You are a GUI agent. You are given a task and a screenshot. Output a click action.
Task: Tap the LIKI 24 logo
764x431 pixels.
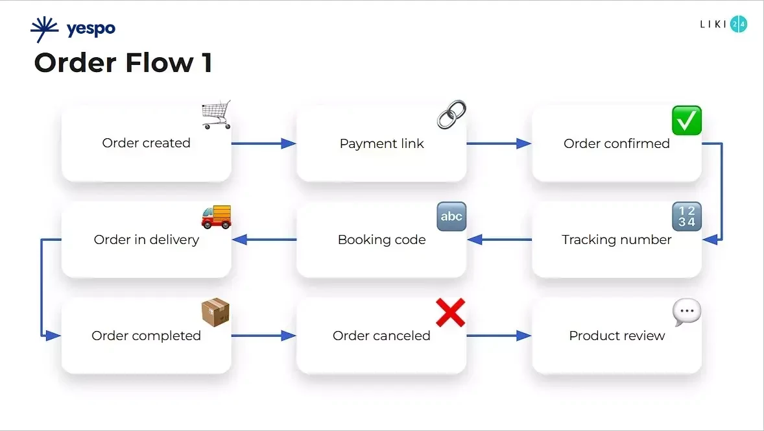[723, 25]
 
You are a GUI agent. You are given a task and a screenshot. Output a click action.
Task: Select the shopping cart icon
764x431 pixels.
[216, 115]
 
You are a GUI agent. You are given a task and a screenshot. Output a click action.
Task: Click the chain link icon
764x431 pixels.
[451, 114]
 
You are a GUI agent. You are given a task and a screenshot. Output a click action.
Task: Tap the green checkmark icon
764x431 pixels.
[686, 121]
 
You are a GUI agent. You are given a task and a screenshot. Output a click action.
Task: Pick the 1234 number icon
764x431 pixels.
[686, 217]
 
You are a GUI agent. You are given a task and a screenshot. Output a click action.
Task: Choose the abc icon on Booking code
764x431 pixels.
[451, 217]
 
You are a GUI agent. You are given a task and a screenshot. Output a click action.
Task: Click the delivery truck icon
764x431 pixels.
[216, 217]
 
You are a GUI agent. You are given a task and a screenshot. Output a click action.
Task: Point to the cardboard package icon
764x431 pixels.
[216, 313]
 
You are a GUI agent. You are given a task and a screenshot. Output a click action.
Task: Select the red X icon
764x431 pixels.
[450, 313]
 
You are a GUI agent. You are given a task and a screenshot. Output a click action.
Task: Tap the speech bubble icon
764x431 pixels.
[686, 313]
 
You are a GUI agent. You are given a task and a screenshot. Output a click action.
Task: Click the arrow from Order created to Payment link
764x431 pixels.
[263, 143]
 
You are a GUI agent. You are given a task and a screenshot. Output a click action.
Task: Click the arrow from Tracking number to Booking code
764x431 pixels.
[499, 240]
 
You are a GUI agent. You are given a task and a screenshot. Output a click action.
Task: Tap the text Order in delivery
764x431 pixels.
[147, 240]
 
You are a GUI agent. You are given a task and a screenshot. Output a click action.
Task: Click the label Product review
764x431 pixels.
[617, 336]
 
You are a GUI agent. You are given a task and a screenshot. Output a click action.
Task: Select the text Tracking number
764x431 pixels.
[617, 240]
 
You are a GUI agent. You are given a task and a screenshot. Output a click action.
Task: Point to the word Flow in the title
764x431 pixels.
[155, 63]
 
